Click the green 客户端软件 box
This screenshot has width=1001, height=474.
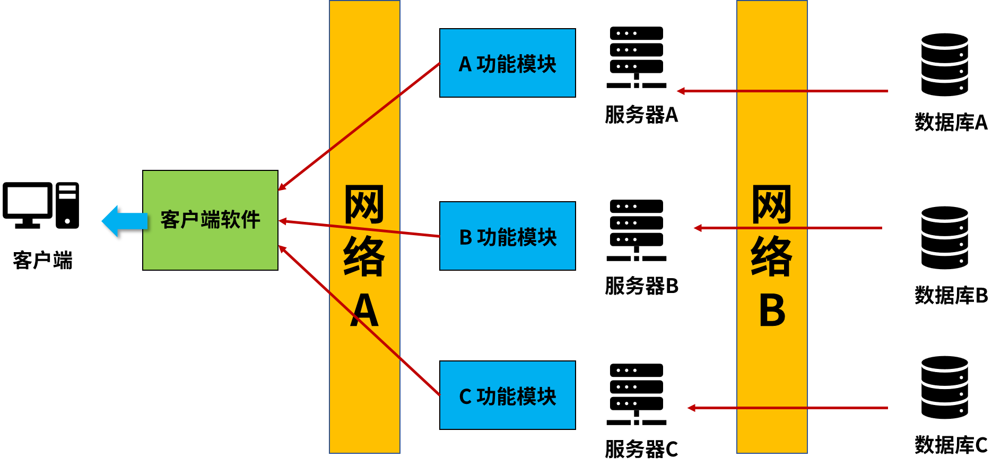(x=210, y=220)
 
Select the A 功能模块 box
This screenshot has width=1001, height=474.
(x=507, y=63)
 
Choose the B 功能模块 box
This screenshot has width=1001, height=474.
(x=507, y=236)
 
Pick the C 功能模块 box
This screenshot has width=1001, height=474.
(x=507, y=395)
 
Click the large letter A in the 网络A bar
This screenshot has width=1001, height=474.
(x=364, y=311)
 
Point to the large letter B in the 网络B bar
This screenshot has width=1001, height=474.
(x=772, y=311)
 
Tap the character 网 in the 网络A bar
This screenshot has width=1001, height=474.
(x=364, y=205)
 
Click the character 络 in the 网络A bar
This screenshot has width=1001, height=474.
(x=364, y=257)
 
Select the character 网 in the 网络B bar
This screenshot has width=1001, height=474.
(x=772, y=205)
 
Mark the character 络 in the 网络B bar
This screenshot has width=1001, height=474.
(x=772, y=257)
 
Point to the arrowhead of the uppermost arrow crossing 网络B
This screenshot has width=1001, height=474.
(x=681, y=91)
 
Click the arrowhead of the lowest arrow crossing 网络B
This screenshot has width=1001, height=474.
(x=691, y=408)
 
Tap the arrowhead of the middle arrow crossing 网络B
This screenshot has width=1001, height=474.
(x=698, y=228)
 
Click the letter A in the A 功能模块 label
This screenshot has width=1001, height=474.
(x=465, y=64)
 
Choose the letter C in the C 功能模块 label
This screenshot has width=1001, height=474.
(x=465, y=397)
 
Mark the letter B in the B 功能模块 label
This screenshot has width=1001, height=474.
(x=466, y=237)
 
